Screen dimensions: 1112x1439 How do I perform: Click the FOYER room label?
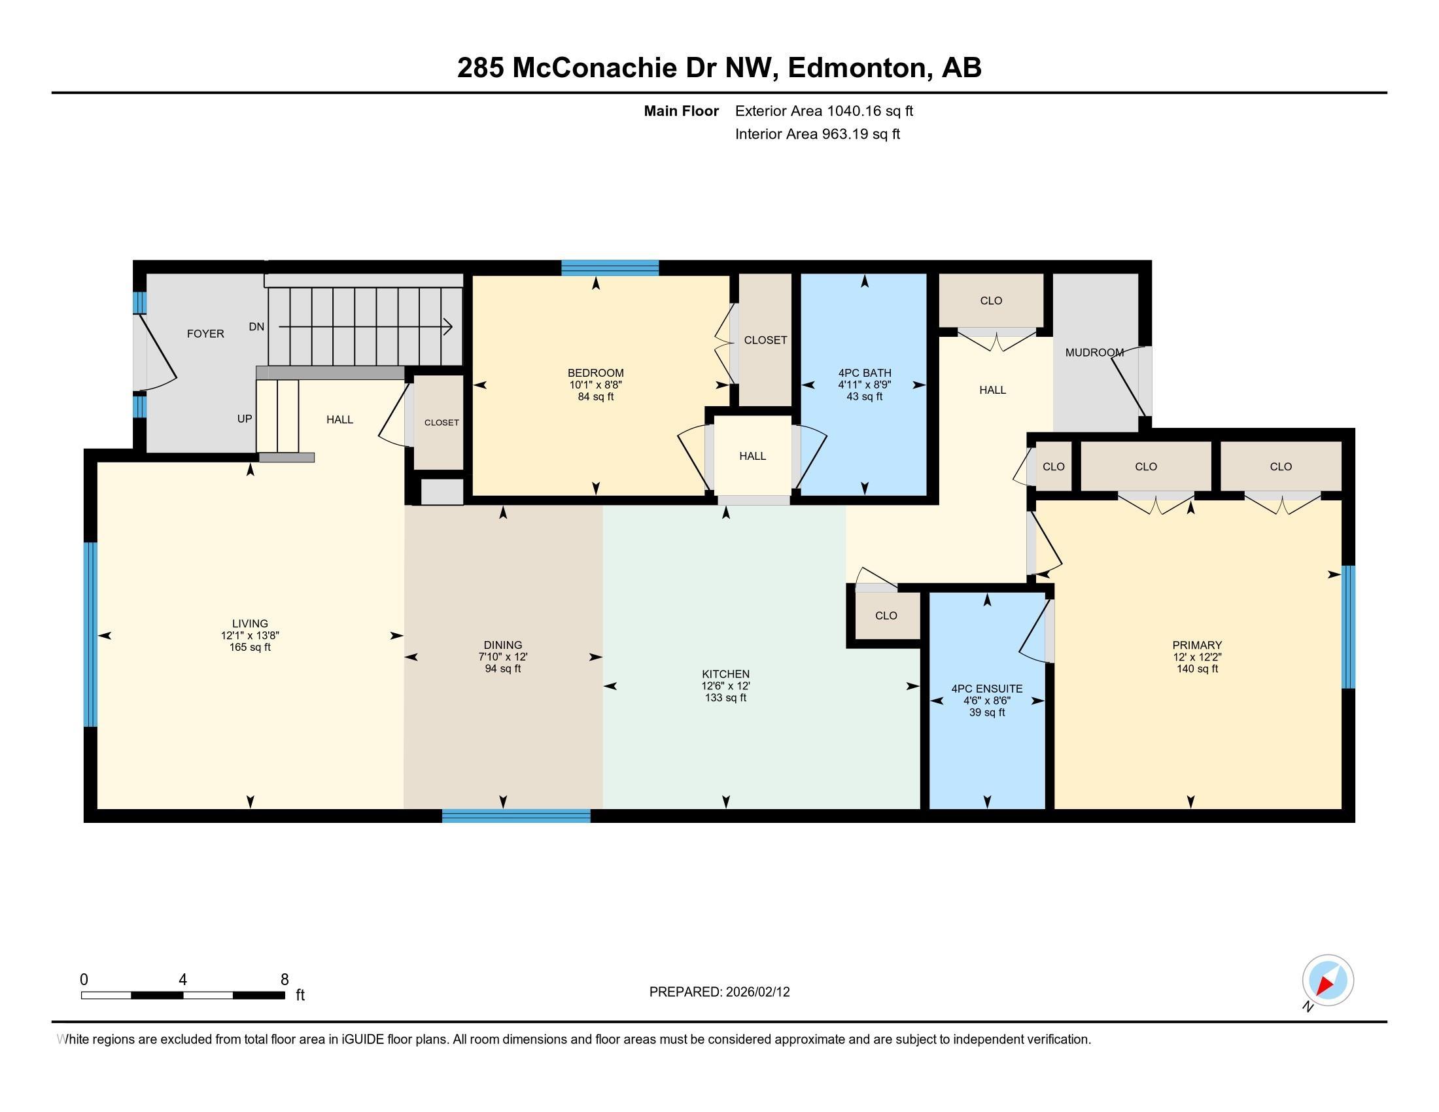[x=205, y=334]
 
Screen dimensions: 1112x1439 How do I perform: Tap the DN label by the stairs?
[x=256, y=327]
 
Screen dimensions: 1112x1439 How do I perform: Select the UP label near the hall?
[x=245, y=419]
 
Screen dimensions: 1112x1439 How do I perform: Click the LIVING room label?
[x=250, y=623]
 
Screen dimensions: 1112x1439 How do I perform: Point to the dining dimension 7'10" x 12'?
[x=503, y=657]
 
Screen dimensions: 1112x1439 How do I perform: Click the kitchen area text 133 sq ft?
[x=725, y=698]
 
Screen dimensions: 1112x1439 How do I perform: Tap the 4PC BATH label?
[x=865, y=373]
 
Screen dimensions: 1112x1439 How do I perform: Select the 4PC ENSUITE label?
[x=986, y=688]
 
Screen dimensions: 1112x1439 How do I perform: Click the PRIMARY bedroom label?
[x=1196, y=645]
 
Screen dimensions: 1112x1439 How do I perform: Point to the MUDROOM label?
[x=1094, y=353]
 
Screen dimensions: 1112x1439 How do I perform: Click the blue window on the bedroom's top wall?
[x=610, y=268]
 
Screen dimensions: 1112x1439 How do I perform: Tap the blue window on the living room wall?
[x=91, y=634]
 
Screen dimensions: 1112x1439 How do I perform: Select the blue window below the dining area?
[x=516, y=816]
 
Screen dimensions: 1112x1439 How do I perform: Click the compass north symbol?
[x=1328, y=981]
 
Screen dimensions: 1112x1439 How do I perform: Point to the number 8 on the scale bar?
[x=285, y=980]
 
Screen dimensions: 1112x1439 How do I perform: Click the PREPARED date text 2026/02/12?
[x=757, y=992]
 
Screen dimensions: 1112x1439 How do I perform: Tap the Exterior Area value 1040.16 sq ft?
[x=870, y=111]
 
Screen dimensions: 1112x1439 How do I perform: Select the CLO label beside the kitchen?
[x=886, y=616]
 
